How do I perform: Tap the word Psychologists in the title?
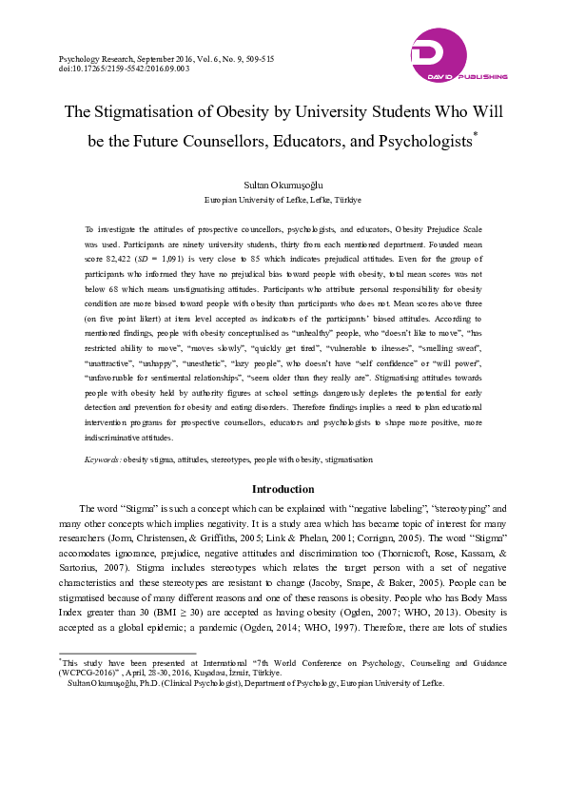[x=420, y=142]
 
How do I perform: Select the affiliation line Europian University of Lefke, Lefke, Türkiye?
[x=283, y=201]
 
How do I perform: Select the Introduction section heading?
[x=283, y=489]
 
